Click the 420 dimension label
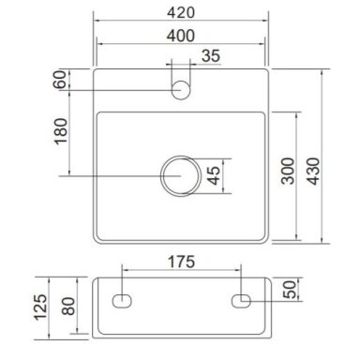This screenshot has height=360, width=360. tap(181, 12)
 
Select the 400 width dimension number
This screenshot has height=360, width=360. tap(181, 36)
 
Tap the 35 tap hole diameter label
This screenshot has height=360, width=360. tap(211, 56)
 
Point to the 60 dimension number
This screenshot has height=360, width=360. tap(60, 80)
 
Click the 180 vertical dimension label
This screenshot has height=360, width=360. tap(61, 131)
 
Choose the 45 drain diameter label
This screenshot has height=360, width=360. tap(214, 175)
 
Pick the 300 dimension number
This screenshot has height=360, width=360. tap(288, 171)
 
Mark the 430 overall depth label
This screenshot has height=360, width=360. tap(313, 171)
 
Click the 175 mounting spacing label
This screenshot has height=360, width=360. tap(181, 262)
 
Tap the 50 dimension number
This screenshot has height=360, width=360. tap(290, 290)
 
